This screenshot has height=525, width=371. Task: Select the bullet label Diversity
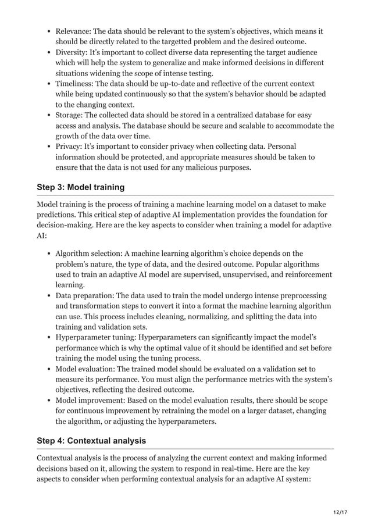point(74,52)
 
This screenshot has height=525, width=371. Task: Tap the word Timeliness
point(77,84)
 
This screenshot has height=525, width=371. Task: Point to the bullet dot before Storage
point(49,115)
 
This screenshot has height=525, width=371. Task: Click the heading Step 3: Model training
point(81,187)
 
